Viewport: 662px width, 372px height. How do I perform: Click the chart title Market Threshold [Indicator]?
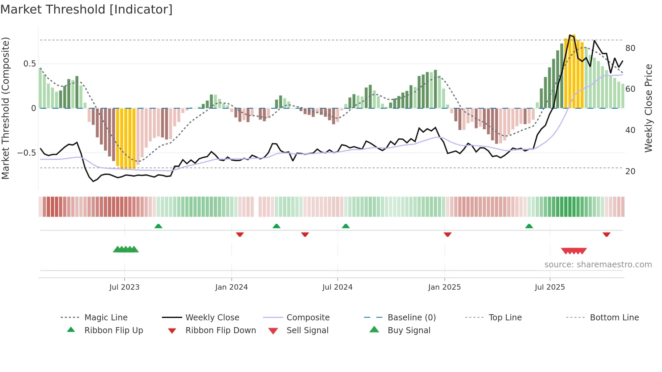86,9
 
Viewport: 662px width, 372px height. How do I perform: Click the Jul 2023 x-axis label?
124,287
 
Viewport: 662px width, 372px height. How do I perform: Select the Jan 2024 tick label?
231,287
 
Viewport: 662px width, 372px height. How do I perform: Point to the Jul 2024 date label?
337,287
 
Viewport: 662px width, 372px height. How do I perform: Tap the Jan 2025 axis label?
444,287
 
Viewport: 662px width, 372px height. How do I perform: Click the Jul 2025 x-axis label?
550,287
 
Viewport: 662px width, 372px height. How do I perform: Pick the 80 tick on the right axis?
630,48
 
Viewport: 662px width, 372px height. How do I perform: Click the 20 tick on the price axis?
630,171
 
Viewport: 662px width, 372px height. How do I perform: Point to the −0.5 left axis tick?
26,153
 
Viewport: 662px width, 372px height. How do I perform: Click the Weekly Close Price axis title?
648,108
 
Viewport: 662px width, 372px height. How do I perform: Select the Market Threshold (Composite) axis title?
5,108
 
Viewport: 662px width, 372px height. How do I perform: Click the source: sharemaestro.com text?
598,265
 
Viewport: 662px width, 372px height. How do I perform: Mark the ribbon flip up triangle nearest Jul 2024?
346,226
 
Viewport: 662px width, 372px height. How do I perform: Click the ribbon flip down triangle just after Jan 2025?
448,234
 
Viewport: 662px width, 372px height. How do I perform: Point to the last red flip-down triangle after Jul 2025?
606,234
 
